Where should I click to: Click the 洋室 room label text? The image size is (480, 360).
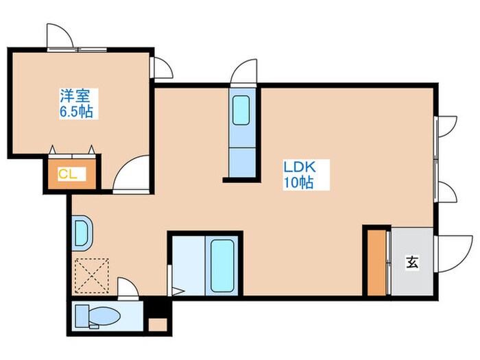pyautogui.click(x=75, y=96)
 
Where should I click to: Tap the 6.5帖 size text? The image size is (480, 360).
pyautogui.click(x=76, y=112)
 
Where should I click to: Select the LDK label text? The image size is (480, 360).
pyautogui.click(x=300, y=167)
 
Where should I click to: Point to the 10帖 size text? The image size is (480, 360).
pyautogui.click(x=298, y=183)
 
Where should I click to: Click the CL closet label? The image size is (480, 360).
pyautogui.click(x=68, y=174)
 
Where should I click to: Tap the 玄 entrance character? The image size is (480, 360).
pyautogui.click(x=411, y=262)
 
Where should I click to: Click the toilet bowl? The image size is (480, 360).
pyautogui.click(x=104, y=316)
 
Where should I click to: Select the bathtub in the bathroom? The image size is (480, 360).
pyautogui.click(x=222, y=265)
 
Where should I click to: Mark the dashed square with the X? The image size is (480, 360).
pyautogui.click(x=92, y=276)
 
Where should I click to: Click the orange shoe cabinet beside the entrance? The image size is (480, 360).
pyautogui.click(x=377, y=263)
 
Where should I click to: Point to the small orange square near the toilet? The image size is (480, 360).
pyautogui.click(x=158, y=324)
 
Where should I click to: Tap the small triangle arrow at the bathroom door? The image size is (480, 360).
pyautogui.click(x=178, y=291)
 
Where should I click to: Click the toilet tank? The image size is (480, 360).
pyautogui.click(x=82, y=316)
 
